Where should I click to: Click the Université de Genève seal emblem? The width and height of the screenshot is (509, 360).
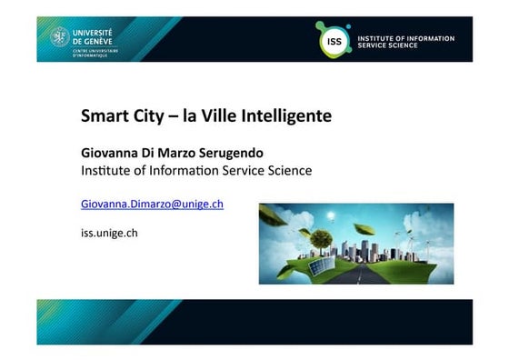pyautogui.click(x=60, y=37)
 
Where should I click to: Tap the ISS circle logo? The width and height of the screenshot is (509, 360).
pyautogui.click(x=332, y=41)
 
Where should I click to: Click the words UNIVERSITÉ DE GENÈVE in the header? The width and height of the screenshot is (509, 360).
pyautogui.click(x=92, y=35)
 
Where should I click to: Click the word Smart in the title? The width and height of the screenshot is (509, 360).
pyautogui.click(x=101, y=116)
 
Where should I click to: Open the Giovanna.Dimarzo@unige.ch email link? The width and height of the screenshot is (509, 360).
pyautogui.click(x=152, y=204)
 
